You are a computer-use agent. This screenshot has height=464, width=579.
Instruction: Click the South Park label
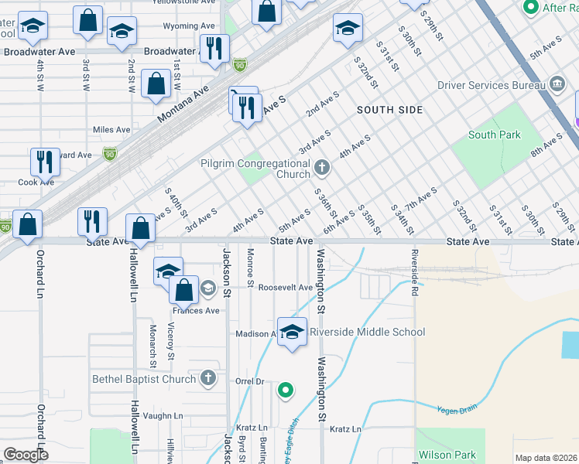(x=494, y=135)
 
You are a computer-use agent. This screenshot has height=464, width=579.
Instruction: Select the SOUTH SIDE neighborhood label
(x=390, y=110)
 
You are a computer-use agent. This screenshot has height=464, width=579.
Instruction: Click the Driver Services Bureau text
(x=491, y=84)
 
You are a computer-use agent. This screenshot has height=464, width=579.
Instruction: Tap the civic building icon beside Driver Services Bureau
(x=557, y=84)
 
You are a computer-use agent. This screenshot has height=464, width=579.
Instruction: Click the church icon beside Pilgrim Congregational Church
(x=322, y=165)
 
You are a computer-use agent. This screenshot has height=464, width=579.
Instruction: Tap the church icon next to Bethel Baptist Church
(x=207, y=378)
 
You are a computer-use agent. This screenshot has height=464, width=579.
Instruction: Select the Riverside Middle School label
(x=367, y=332)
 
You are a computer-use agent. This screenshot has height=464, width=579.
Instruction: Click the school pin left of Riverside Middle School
(x=292, y=332)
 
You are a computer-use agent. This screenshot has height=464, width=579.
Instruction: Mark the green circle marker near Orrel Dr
(x=286, y=391)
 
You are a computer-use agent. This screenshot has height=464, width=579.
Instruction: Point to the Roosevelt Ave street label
(x=285, y=287)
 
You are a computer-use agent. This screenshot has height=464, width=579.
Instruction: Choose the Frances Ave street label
(x=197, y=311)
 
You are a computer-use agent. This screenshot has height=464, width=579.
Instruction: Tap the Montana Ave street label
(x=183, y=103)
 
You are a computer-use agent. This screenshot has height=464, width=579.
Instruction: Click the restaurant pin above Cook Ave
(x=45, y=162)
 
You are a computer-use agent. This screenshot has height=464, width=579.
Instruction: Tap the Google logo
(x=26, y=455)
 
